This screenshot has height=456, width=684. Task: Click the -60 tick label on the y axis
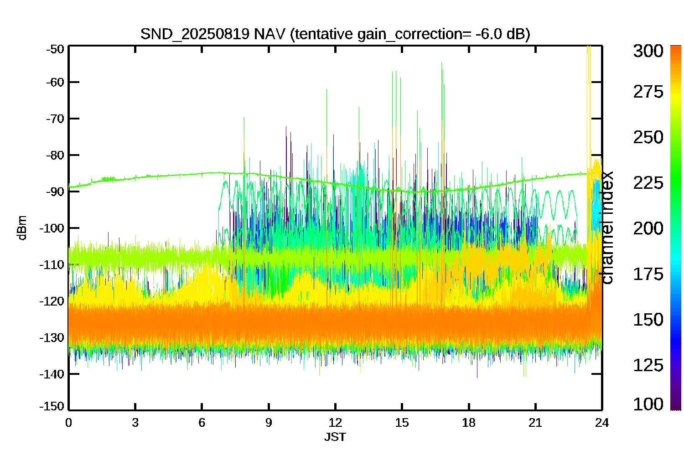[55, 82]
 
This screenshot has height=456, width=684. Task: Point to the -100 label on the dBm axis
[52, 228]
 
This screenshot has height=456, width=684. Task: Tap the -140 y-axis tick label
[52, 374]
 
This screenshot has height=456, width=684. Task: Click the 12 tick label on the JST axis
[335, 423]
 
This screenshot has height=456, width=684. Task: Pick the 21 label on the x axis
[535, 423]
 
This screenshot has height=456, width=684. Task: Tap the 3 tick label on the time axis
[135, 423]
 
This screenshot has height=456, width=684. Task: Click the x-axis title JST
[335, 437]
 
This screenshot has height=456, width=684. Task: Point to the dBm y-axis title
[22, 228]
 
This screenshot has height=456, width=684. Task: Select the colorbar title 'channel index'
[607, 228]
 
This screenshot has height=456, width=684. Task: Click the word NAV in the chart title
[269, 34]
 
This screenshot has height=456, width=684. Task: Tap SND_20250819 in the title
[195, 34]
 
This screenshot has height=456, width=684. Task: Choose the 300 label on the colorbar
[648, 51]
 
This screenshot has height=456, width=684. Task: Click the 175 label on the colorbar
[648, 274]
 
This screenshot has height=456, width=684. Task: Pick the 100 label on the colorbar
[648, 404]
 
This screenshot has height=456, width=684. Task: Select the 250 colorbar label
[648, 137]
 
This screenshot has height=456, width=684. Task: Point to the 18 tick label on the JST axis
[469, 423]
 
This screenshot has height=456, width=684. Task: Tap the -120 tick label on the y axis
[52, 301]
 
